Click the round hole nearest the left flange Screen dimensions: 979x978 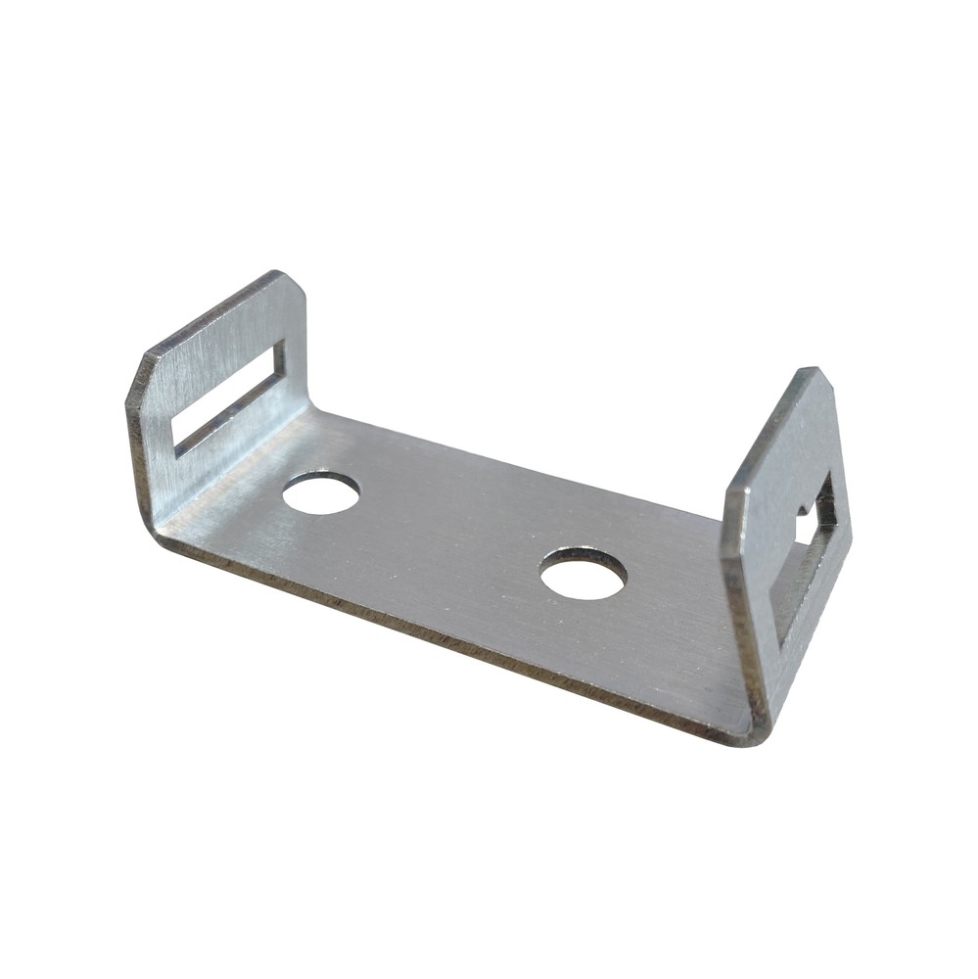(321, 492)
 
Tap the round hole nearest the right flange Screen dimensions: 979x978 (582, 573)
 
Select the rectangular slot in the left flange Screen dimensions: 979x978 (227, 398)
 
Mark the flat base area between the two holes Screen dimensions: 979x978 (450, 534)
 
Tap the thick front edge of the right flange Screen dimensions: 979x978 (742, 607)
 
